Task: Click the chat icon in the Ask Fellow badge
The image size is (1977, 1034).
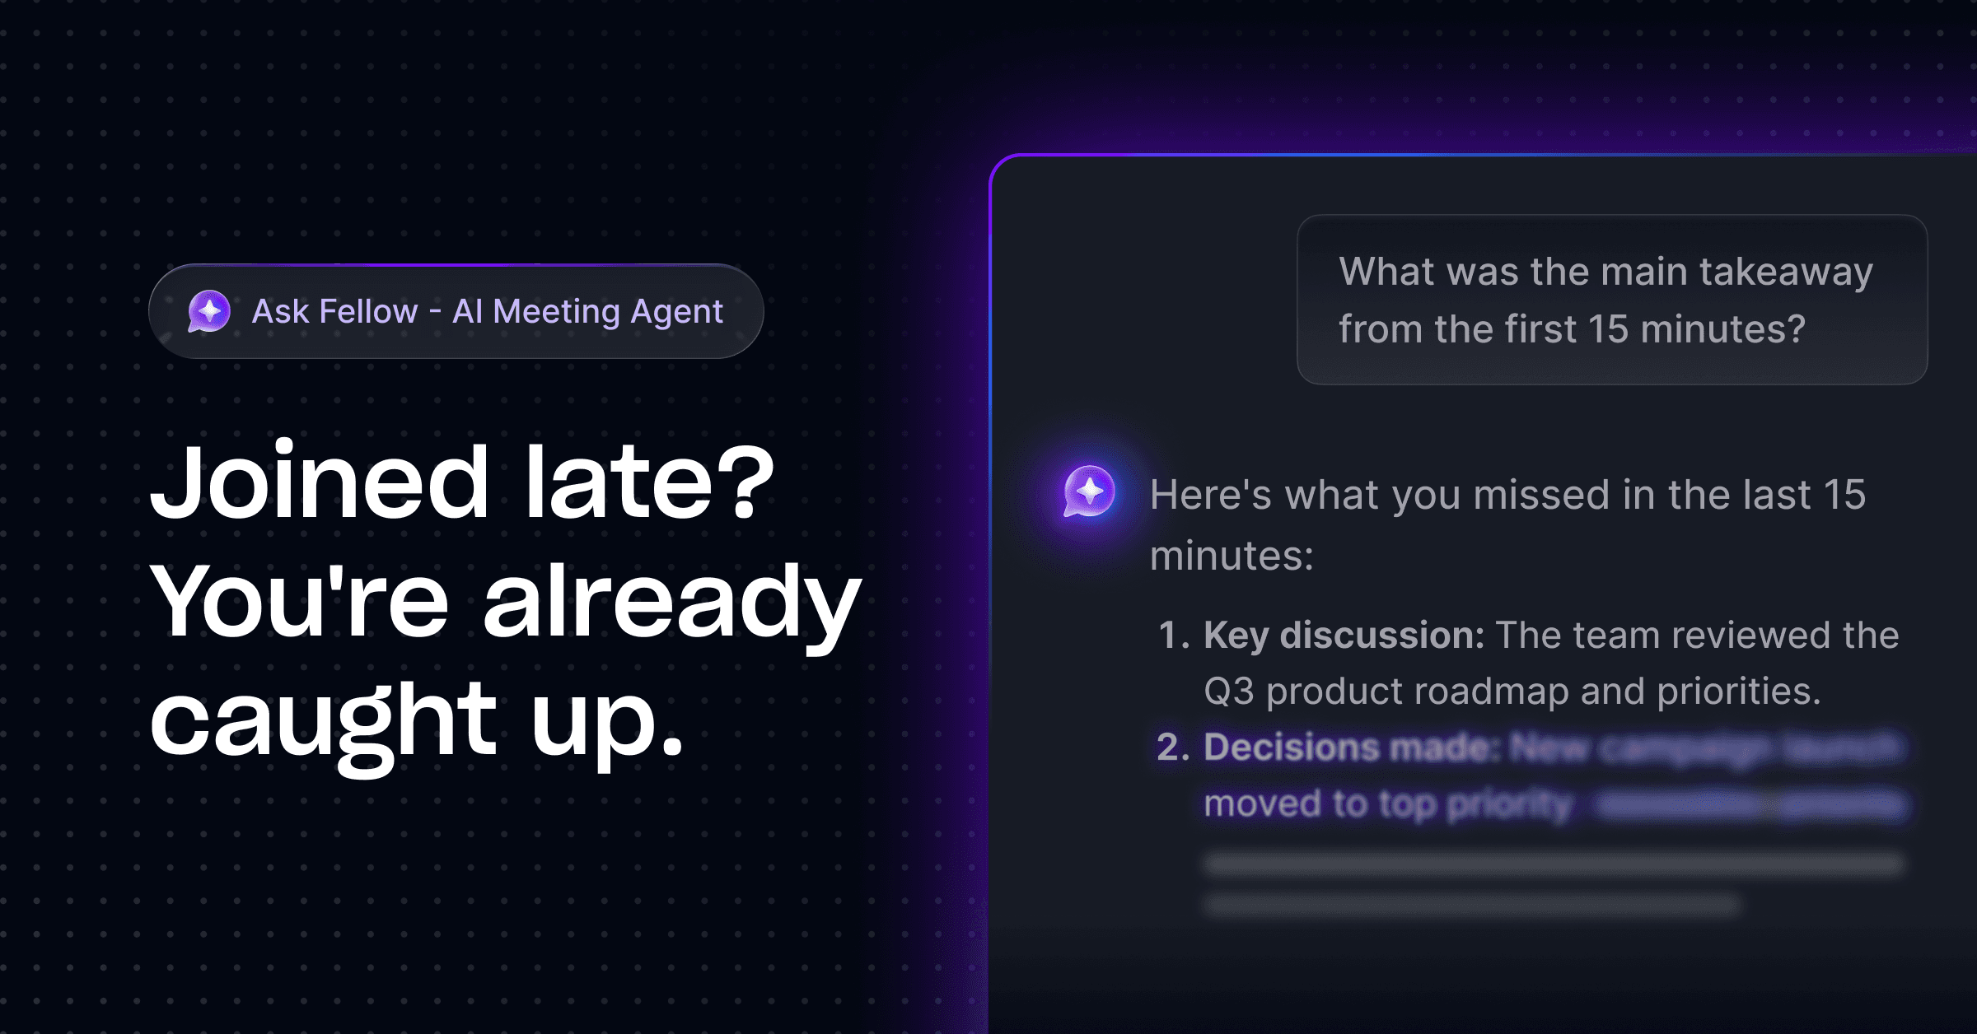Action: (x=209, y=311)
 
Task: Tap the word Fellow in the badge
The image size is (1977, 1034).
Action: (x=368, y=312)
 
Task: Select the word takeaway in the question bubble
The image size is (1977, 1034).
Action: (x=1785, y=272)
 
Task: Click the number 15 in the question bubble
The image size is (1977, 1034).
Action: (x=1607, y=329)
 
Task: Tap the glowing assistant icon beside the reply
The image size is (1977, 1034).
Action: (x=1089, y=491)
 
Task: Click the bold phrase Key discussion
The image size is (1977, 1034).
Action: (x=1344, y=636)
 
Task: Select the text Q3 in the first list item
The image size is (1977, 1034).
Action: (x=1228, y=692)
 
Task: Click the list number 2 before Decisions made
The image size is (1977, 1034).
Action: (x=1171, y=748)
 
